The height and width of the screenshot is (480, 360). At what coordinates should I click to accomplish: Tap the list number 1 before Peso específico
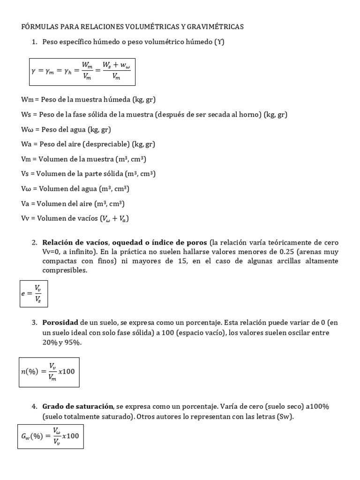34,42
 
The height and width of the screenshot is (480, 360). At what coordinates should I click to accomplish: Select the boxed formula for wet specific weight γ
82,71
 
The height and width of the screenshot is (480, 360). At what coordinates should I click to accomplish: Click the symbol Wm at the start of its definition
27,99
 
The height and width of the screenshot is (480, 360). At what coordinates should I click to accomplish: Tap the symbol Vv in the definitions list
27,218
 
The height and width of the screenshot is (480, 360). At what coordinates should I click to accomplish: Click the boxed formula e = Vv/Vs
33,293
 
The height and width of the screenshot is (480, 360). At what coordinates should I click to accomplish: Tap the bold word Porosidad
60,323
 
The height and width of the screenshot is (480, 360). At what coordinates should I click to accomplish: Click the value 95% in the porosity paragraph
74,342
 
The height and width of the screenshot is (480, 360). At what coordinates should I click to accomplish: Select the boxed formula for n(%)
49,372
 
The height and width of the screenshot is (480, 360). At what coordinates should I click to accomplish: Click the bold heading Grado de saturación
78,406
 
